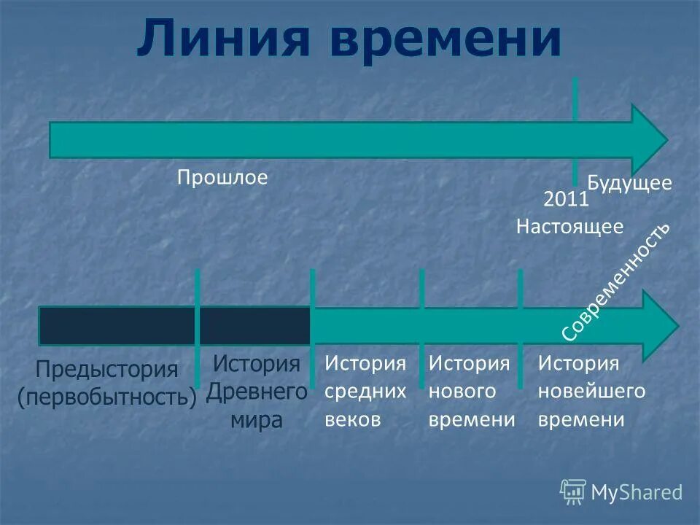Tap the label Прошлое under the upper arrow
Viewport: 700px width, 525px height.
pyautogui.click(x=223, y=177)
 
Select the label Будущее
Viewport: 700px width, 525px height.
pyautogui.click(x=629, y=182)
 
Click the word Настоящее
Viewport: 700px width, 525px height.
pyautogui.click(x=569, y=227)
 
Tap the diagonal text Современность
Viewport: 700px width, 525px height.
pyautogui.click(x=617, y=281)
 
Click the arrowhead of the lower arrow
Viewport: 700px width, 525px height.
pyautogui.click(x=660, y=324)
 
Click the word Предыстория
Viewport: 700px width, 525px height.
pyautogui.click(x=107, y=369)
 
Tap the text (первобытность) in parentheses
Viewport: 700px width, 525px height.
pyautogui.click(x=107, y=397)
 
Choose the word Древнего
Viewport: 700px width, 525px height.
pyautogui.click(x=257, y=392)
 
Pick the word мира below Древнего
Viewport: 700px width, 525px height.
pyautogui.click(x=257, y=420)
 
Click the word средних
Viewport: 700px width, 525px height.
pyautogui.click(x=365, y=392)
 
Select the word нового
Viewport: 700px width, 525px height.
pyautogui.click(x=462, y=392)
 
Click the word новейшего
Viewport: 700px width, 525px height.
pyautogui.click(x=591, y=392)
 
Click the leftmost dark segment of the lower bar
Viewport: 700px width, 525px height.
pyautogui.click(x=117, y=326)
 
